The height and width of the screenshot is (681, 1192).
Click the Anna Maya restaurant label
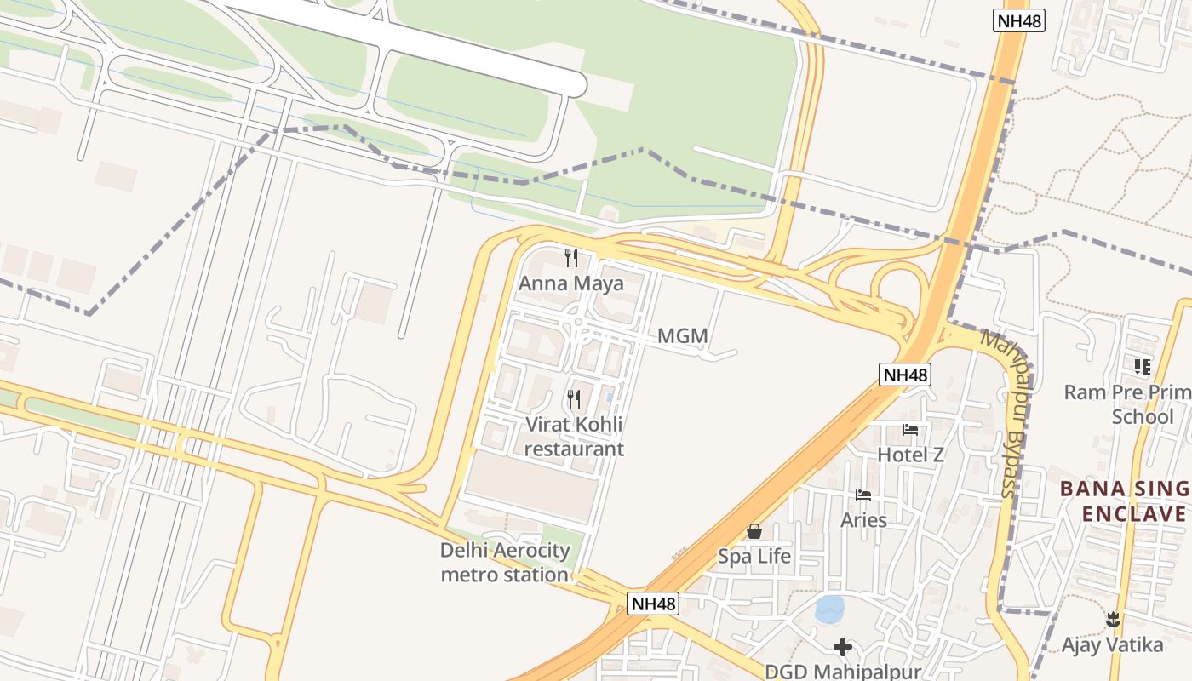571,283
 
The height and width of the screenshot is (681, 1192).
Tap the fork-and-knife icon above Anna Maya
571,256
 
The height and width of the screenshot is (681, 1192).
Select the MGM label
683,336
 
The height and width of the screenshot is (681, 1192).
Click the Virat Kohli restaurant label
574,437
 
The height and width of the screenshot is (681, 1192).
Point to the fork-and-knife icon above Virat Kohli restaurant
574,398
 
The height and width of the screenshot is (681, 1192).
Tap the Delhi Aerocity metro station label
505,563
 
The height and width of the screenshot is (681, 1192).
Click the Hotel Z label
911,455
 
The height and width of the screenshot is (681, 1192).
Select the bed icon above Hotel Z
910,430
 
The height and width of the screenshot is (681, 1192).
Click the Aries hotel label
863,519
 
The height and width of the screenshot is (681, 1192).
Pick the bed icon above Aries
863,495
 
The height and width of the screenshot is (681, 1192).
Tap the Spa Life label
754,557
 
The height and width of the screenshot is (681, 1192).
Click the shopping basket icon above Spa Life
754,532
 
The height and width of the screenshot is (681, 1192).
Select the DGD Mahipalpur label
843,672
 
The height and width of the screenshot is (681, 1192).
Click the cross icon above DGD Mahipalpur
843,647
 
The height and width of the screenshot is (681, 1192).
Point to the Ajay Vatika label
1112,644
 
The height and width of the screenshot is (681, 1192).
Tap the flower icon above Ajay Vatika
1112,620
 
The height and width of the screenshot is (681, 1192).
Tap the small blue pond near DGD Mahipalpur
829,609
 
